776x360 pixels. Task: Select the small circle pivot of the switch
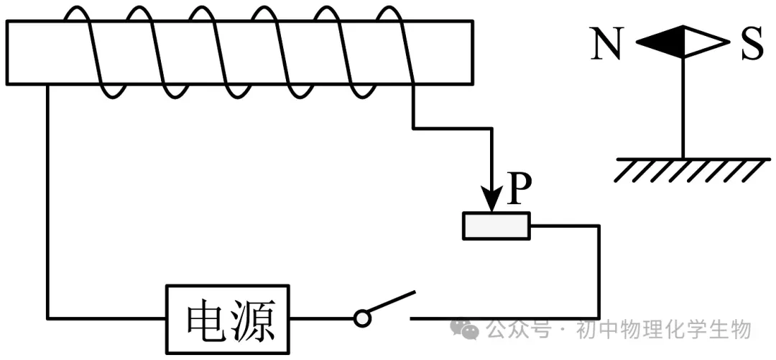pos(363,317)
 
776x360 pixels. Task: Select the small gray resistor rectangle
pos(496,226)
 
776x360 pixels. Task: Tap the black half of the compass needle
pos(661,42)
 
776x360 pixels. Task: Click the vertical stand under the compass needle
pos(683,108)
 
